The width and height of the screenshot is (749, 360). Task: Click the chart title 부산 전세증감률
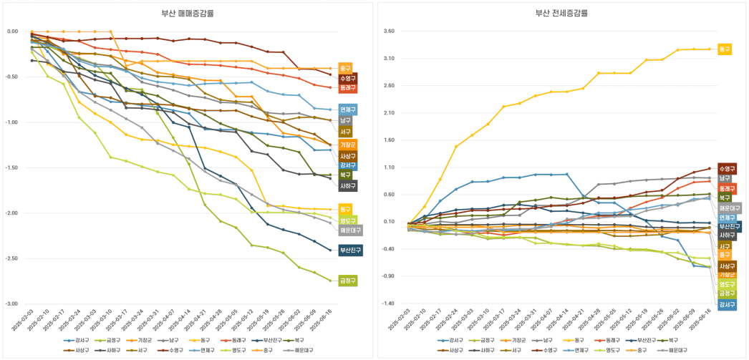click(561, 13)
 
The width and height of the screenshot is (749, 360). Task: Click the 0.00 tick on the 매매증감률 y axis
click(12, 31)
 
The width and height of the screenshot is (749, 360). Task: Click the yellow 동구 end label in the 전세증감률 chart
click(725, 49)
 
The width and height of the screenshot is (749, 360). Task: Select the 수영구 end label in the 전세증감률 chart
click(727, 169)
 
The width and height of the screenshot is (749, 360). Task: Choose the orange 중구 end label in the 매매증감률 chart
click(346, 68)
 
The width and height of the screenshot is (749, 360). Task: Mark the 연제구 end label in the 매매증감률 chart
click(348, 110)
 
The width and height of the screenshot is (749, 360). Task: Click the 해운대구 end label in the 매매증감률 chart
click(350, 230)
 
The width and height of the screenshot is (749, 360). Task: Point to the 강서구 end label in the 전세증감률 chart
click(727, 304)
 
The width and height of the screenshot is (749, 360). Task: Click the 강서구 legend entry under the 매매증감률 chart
click(74, 340)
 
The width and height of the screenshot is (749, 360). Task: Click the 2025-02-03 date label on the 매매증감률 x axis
click(24, 320)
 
